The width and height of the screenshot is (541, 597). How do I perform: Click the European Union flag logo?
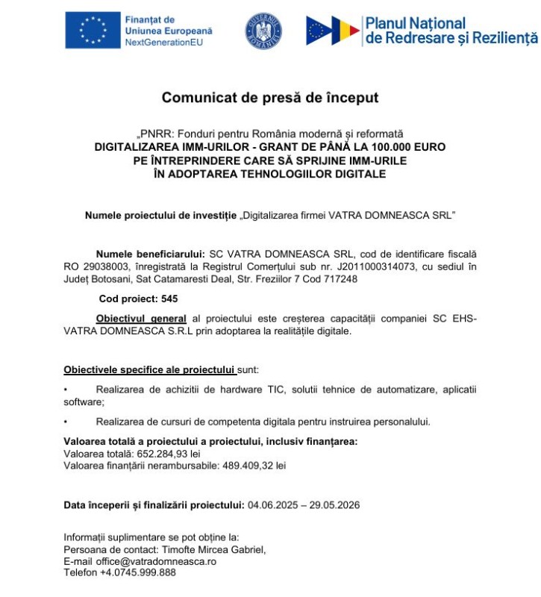tap(93, 31)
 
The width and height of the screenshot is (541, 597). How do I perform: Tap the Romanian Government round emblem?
tap(264, 31)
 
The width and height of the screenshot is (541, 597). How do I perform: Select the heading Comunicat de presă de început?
tap(270, 98)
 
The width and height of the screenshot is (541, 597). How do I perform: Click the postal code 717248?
tap(340, 278)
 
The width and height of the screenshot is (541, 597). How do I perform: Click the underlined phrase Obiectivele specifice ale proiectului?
tap(149, 369)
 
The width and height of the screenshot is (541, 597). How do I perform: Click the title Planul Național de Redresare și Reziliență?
tap(451, 31)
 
